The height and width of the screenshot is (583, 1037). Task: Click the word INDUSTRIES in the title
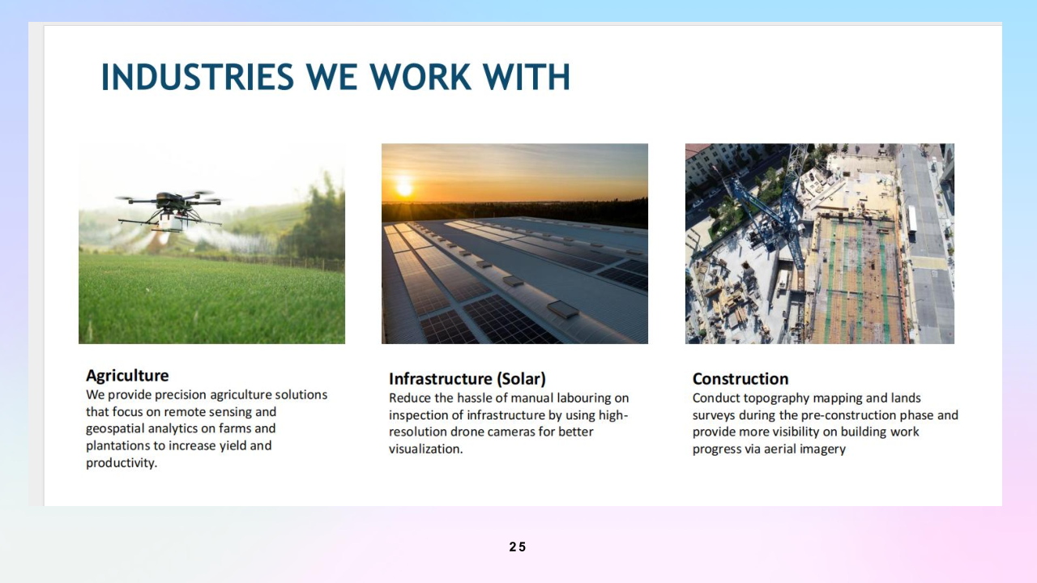(x=198, y=77)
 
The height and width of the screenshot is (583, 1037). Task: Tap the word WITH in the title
(x=527, y=77)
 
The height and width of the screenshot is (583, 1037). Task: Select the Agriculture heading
(x=127, y=375)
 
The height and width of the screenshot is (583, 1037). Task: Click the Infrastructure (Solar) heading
(x=467, y=379)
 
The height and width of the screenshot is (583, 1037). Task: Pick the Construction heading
(x=740, y=379)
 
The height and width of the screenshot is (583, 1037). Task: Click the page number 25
(x=518, y=547)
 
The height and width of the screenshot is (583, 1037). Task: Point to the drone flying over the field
(x=169, y=210)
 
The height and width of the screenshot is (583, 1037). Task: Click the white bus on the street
(x=912, y=219)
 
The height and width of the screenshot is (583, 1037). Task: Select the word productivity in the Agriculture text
(x=121, y=463)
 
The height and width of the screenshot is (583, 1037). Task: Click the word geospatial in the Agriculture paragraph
(x=115, y=429)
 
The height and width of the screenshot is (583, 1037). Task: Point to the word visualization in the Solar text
(x=425, y=449)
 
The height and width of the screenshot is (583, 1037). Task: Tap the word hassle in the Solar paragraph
(x=472, y=398)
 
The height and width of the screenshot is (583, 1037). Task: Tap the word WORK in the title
(x=420, y=77)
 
